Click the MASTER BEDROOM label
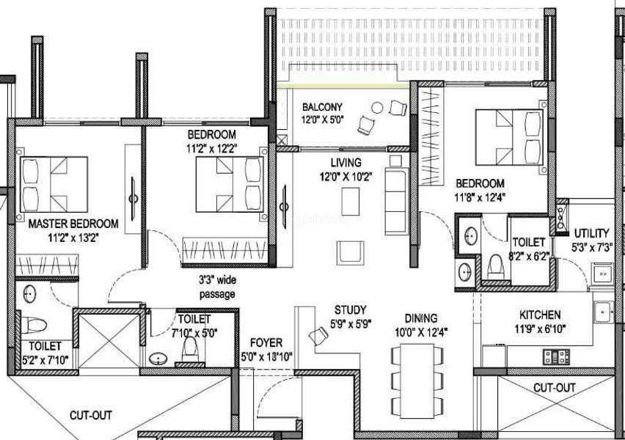tap(73, 223)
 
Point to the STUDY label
tap(350, 309)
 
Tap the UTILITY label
tap(591, 234)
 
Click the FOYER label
tap(266, 342)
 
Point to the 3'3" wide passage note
tap(216, 287)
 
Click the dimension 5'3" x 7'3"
tap(593, 247)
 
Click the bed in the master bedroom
tap(54, 182)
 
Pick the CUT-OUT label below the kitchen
tap(554, 387)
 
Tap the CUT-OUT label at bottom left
tap(91, 415)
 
